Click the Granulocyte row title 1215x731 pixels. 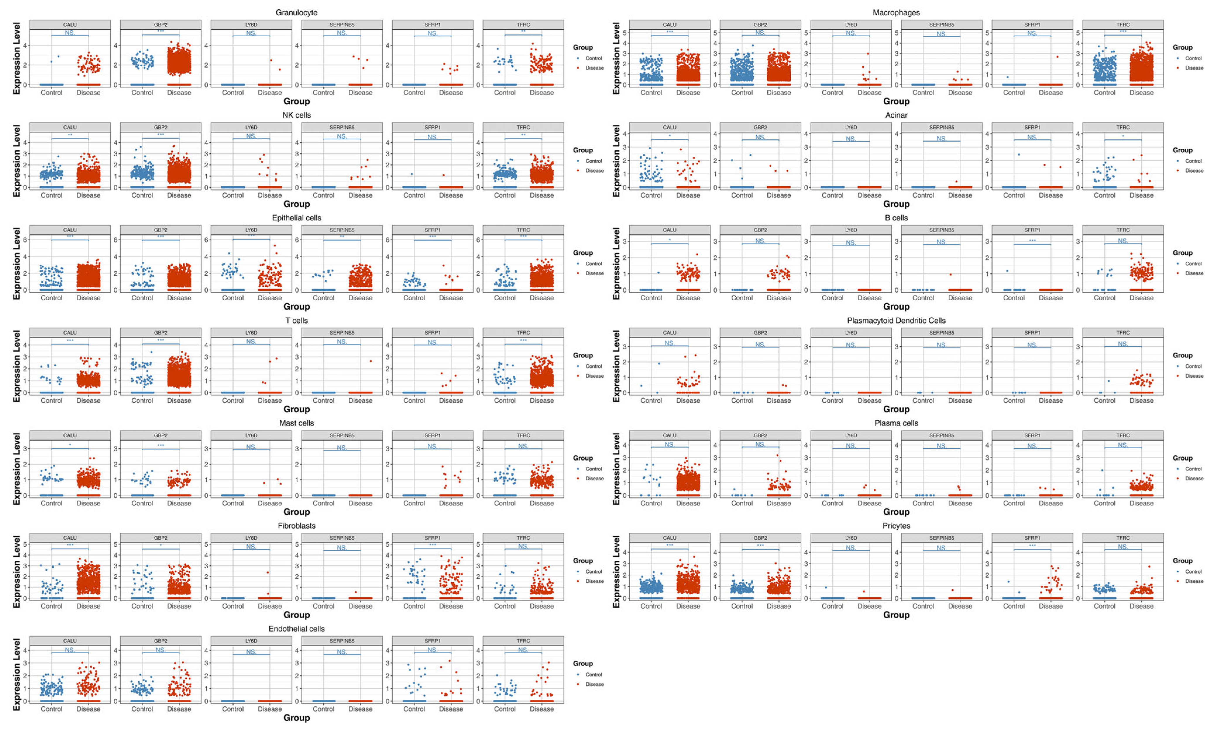click(x=296, y=12)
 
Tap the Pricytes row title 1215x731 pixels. click(x=896, y=526)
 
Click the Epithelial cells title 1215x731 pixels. click(x=296, y=218)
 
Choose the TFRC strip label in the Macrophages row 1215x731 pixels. click(x=1123, y=25)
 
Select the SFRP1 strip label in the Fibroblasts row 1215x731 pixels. click(x=432, y=538)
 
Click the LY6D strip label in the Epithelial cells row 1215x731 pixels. click(x=251, y=230)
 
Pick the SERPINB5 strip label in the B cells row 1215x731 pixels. click(x=941, y=230)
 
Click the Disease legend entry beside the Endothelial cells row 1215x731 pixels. click(x=594, y=684)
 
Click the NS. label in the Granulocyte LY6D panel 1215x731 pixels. click(x=251, y=33)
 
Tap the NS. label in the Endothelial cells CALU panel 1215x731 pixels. click(x=70, y=650)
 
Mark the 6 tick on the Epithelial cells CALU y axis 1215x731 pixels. click(x=25, y=240)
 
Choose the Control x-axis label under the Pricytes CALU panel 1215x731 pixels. click(x=651, y=606)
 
